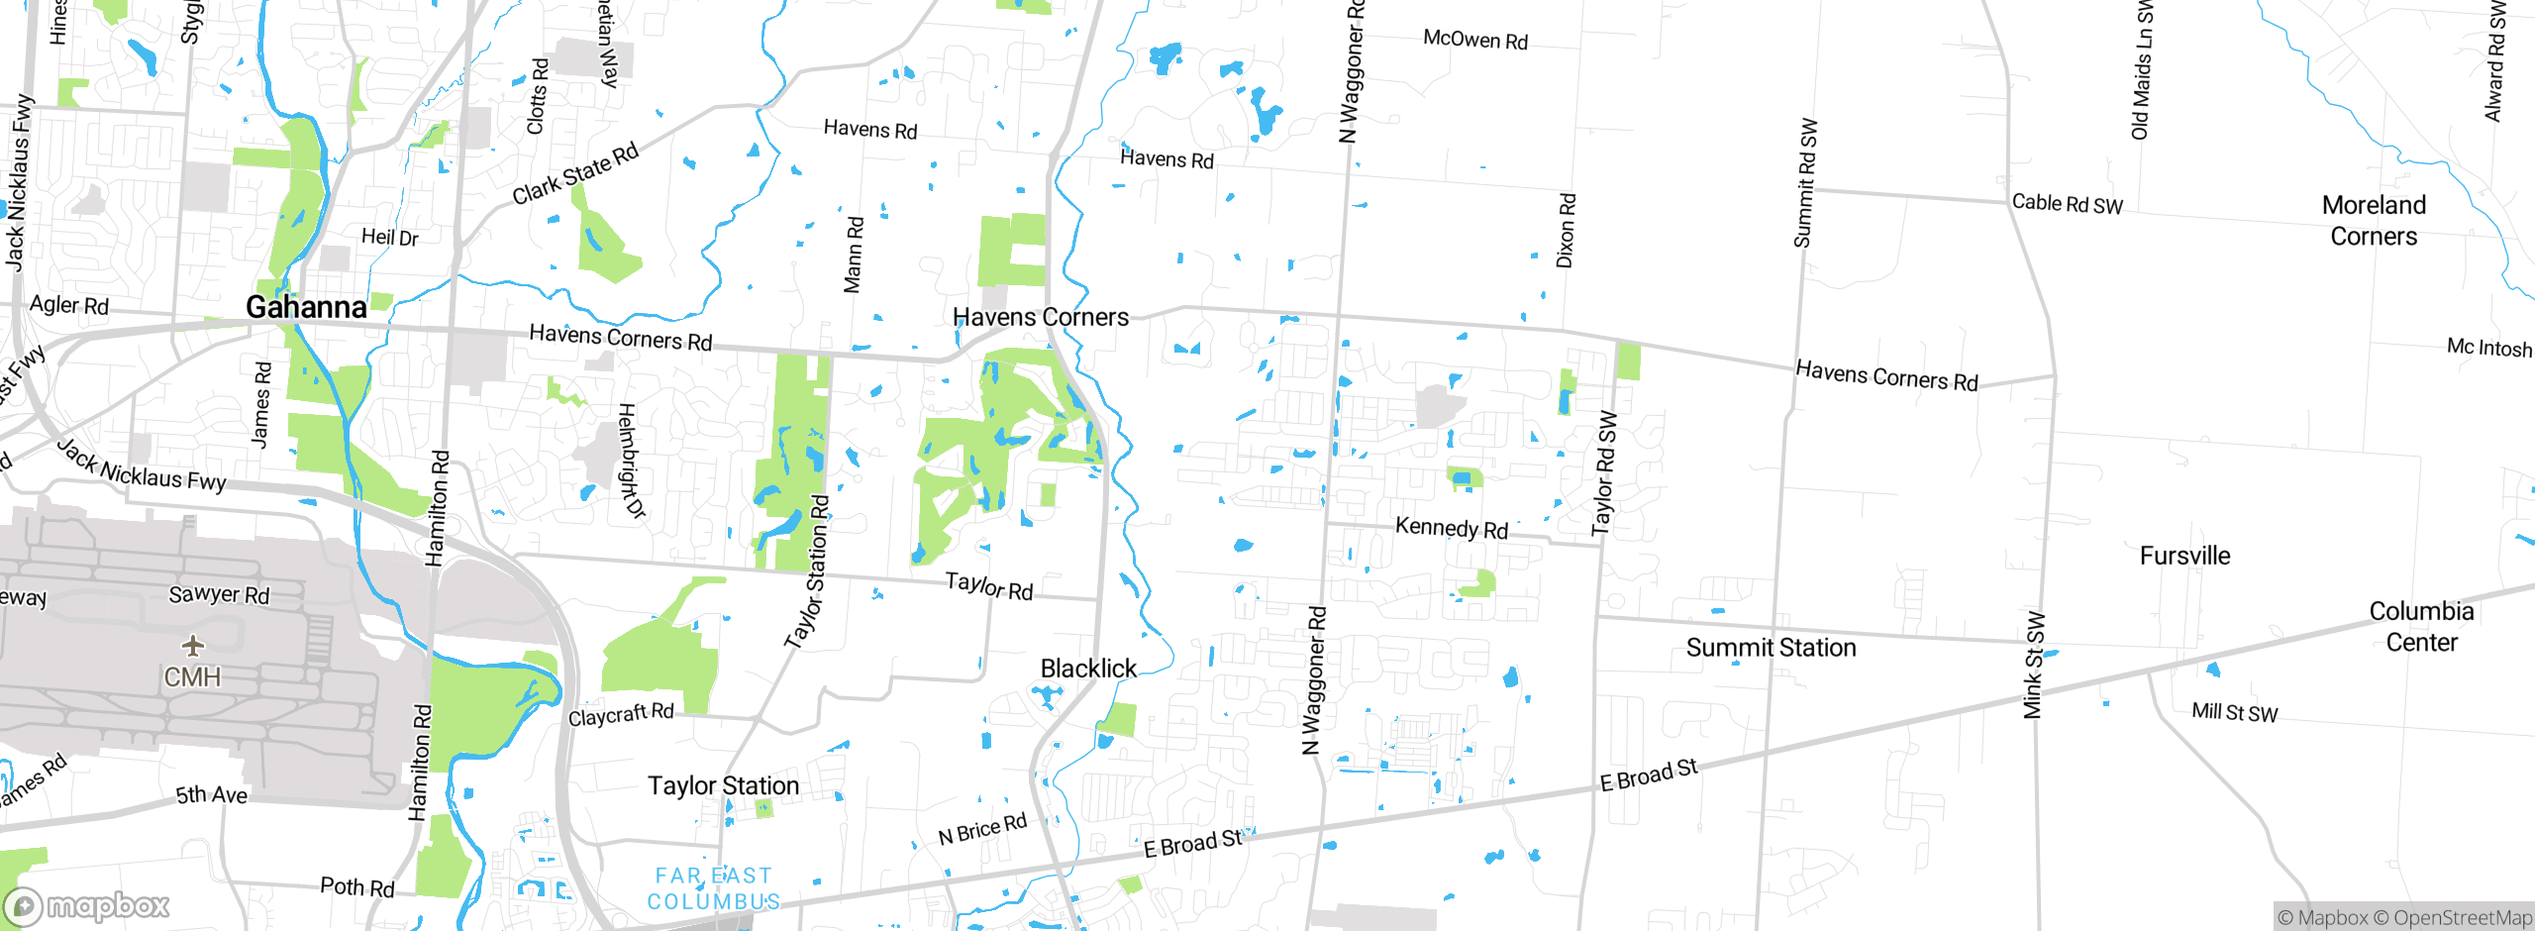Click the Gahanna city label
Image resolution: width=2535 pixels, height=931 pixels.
click(306, 307)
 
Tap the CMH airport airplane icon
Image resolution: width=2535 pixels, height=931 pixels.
click(193, 647)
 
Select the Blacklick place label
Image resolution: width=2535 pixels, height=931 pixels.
click(1088, 669)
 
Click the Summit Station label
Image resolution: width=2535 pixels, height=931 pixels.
click(1771, 648)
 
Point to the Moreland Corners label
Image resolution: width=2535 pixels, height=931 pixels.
click(2374, 221)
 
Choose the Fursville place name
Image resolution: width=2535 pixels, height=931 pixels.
click(2184, 556)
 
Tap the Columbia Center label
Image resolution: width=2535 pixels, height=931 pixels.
click(2421, 627)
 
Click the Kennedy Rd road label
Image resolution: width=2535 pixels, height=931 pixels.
click(1451, 528)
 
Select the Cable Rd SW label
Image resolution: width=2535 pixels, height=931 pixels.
click(2067, 204)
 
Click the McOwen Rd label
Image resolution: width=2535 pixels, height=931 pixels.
click(1474, 40)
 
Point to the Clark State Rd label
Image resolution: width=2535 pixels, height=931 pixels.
click(575, 174)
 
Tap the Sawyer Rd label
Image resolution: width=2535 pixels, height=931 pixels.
click(219, 594)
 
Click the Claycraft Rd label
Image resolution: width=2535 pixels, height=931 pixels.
click(621, 714)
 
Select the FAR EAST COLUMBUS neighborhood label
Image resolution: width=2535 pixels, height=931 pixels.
click(713, 888)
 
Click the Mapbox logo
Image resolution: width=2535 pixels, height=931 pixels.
click(87, 905)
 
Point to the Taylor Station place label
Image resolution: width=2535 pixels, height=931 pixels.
click(723, 785)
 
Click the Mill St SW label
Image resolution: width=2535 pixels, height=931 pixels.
click(2234, 711)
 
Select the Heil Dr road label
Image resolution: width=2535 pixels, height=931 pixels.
click(389, 237)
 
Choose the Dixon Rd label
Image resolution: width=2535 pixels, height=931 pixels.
click(1566, 230)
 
